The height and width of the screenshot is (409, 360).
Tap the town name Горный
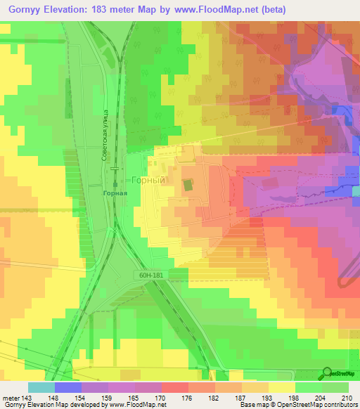(x=148, y=180)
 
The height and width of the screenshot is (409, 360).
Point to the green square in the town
(x=188, y=185)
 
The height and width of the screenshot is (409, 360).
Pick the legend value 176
(x=188, y=398)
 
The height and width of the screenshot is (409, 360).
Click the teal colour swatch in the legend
(x=41, y=387)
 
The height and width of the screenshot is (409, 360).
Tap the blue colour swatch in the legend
(x=67, y=387)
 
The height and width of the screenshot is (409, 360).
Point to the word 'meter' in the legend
(x=11, y=398)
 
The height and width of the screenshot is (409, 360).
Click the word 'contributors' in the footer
(x=342, y=405)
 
